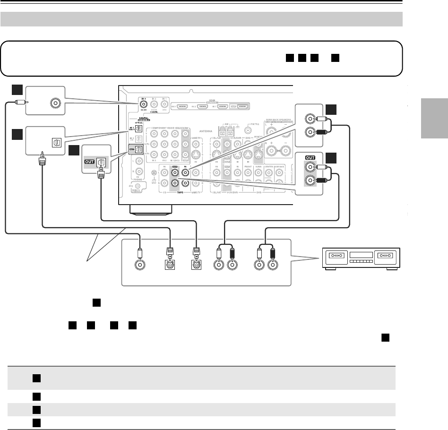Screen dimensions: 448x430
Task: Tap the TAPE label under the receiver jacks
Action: [x=174, y=193]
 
